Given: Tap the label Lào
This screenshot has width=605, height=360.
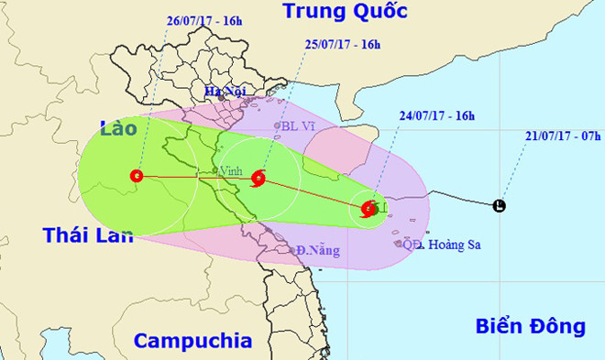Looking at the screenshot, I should (123, 129).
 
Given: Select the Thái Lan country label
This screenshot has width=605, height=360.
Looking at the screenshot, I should (88, 235).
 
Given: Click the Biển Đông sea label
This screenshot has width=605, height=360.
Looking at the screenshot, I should (531, 325).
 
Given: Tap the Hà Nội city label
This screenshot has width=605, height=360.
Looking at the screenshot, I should (226, 92).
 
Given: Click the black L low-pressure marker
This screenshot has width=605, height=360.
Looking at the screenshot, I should (499, 206).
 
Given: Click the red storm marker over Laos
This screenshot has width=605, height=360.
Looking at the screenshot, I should (137, 175).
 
